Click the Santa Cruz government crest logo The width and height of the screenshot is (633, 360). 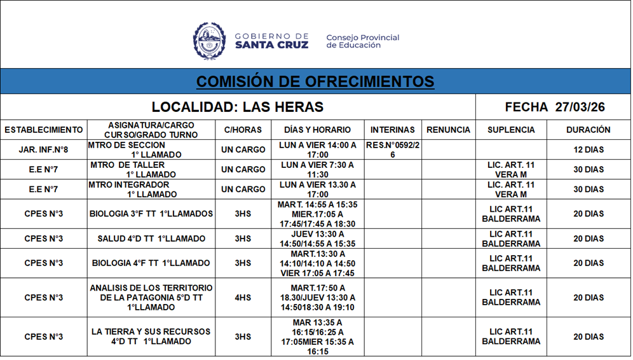tap(209, 41)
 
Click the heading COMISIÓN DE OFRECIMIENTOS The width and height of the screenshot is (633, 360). tap(315, 82)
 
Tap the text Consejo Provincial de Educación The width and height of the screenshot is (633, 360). tap(362, 41)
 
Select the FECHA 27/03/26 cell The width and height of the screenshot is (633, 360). tap(554, 107)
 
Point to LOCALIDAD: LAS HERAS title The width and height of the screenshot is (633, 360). tap(238, 107)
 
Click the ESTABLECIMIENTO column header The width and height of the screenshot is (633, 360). tap(44, 130)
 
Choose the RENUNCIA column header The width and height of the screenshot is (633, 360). tap(448, 130)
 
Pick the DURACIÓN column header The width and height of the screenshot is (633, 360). tap(588, 130)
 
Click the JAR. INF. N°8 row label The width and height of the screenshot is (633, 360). tap(44, 150)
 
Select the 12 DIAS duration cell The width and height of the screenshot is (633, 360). tap(588, 150)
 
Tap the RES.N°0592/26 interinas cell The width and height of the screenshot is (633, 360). tap(392, 150)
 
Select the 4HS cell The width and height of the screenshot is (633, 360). tap(243, 298)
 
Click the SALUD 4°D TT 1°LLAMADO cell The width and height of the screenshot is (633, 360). tap(151, 239)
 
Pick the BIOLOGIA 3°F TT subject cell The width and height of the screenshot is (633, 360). tap(151, 214)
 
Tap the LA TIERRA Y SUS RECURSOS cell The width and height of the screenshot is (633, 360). tap(151, 336)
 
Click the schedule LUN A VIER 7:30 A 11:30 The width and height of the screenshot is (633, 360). tap(318, 170)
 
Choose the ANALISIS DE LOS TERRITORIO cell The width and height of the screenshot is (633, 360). tap(151, 298)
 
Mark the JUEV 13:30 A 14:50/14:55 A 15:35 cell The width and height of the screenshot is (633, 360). tap(318, 239)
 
